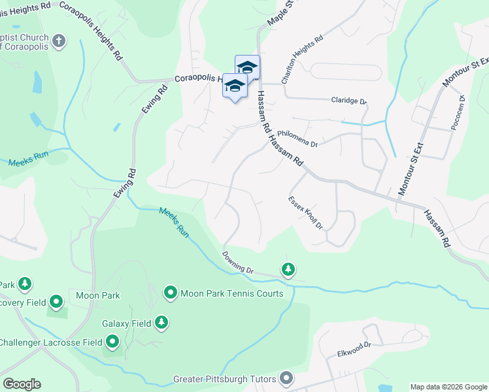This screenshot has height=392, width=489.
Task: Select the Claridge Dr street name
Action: click(349, 101)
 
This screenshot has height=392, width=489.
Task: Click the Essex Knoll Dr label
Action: click(306, 212)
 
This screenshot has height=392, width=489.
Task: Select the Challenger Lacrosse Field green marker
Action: click(112, 342)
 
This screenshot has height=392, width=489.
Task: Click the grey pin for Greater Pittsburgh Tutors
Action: click(286, 378)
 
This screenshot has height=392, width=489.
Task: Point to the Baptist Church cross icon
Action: click(59, 41)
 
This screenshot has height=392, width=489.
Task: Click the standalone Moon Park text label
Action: click(98, 295)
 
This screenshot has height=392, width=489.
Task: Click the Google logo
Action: click(22, 384)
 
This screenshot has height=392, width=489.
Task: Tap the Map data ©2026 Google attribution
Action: click(448, 387)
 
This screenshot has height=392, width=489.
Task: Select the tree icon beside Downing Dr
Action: click(287, 269)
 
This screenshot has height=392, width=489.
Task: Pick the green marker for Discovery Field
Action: click(56, 301)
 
